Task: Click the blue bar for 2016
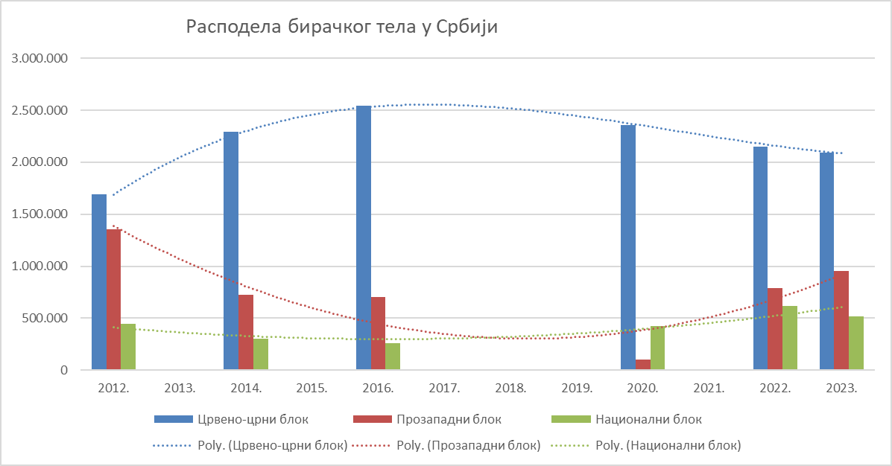coord(364,238)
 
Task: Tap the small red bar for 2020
coord(642,365)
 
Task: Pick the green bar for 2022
coord(790,338)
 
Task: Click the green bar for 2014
coord(261,354)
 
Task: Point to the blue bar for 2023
coord(826,261)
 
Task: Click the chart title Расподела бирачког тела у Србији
coord(341,28)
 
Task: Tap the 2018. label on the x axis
coord(510,389)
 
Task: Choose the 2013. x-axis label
coord(180,389)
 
